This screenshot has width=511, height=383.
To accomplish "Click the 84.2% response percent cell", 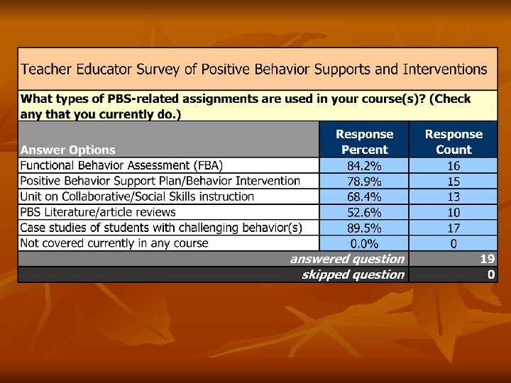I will click(365, 165).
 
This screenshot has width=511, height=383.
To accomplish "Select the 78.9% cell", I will click(365, 181).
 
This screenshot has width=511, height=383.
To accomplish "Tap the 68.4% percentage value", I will click(365, 196).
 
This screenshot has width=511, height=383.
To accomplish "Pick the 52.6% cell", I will click(365, 212).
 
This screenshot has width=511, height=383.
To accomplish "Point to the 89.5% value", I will click(365, 228).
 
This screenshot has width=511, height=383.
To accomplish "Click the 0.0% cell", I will click(365, 243).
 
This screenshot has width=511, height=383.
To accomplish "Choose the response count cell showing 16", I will click(454, 165).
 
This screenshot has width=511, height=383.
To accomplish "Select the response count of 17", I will click(454, 228).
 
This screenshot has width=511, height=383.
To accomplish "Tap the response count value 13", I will click(454, 196).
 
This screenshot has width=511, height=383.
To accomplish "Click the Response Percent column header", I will click(365, 142).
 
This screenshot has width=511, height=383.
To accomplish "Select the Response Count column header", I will click(454, 142).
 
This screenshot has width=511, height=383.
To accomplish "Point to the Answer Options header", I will click(68, 150).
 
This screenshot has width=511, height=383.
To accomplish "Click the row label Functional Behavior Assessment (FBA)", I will click(121, 165).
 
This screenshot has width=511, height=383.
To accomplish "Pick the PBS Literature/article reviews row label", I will click(98, 212).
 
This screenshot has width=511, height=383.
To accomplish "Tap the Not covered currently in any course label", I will click(114, 243).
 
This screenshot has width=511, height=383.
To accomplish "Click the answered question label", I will click(347, 259).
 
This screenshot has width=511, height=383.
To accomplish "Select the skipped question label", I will click(353, 274).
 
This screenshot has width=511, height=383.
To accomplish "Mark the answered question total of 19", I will click(488, 259).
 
